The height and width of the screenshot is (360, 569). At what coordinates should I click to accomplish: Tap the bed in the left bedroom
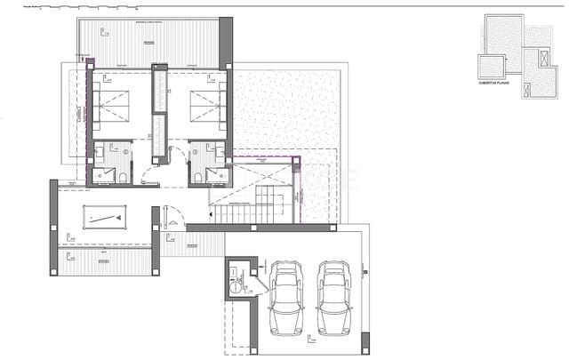coord(112,104)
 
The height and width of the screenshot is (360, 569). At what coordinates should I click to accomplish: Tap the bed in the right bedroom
coord(206,104)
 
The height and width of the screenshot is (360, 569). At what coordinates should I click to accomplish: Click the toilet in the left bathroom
coord(122,176)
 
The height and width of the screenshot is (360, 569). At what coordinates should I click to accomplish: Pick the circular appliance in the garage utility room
coord(236,285)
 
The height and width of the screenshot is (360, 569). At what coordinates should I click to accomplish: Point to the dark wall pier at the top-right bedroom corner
coord(226,41)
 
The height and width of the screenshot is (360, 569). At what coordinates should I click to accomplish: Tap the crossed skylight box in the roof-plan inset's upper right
coord(533,35)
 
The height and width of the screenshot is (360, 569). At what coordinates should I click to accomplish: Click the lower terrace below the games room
coord(105,261)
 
